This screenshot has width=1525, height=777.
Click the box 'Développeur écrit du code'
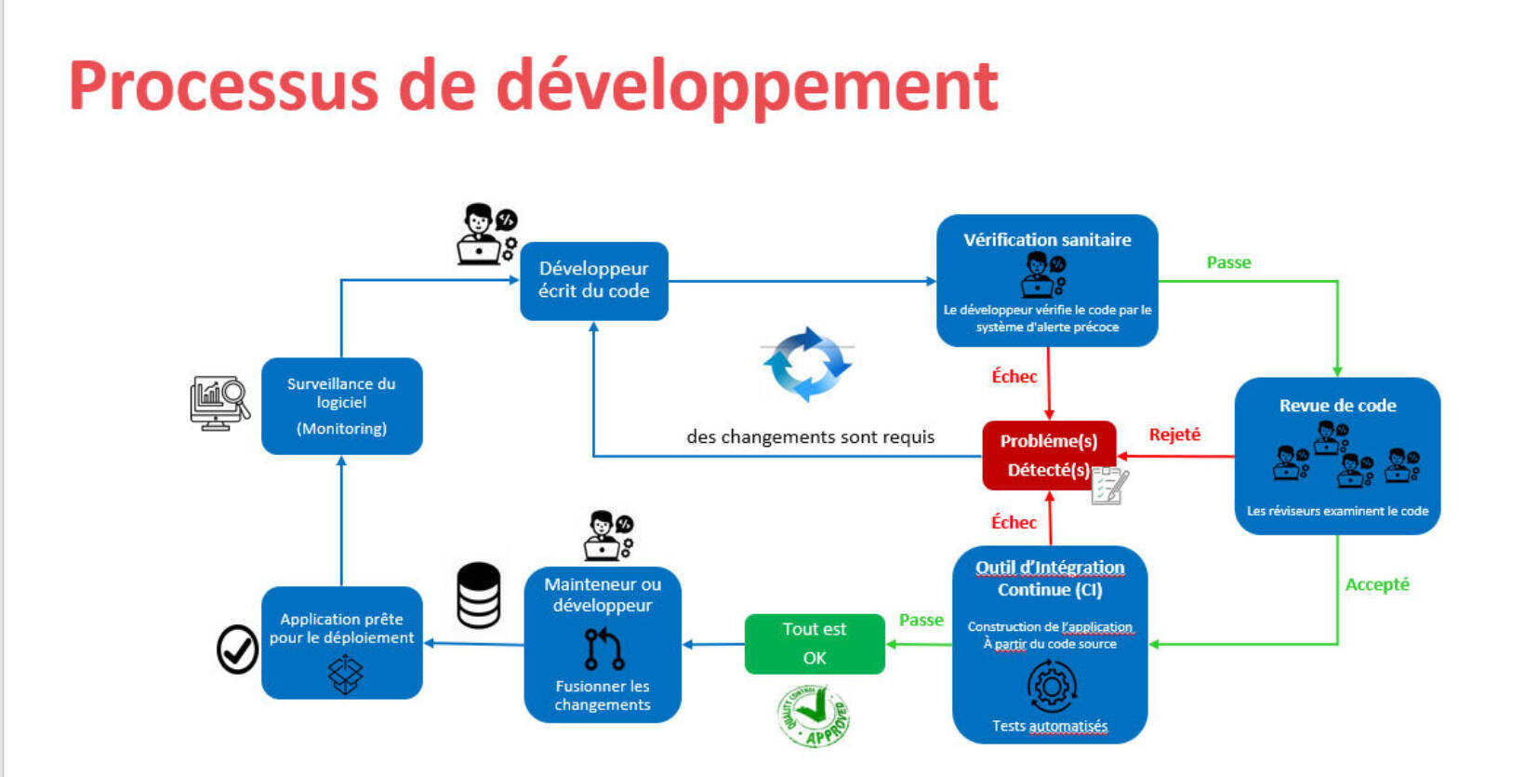[593, 280]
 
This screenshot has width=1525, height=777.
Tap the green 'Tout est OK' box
[814, 643]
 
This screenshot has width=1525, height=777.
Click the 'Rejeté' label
[1174, 435]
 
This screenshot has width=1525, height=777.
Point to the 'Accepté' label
[1376, 584]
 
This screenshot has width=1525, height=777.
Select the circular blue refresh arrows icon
[806, 364]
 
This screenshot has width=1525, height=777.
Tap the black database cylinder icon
[479, 595]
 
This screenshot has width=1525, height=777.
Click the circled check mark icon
[237, 649]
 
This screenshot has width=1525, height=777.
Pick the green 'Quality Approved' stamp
[814, 716]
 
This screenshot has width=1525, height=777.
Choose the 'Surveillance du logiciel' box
[341, 406]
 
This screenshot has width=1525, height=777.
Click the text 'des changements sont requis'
[810, 436]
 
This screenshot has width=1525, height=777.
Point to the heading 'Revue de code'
[1337, 406]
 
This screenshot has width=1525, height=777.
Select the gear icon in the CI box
[1051, 687]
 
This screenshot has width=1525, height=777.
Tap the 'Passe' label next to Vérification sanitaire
[1227, 262]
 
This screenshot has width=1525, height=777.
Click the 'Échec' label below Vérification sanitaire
[1014, 377]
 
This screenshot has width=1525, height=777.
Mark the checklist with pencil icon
[1109, 485]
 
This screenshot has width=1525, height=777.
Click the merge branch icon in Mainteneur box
[603, 649]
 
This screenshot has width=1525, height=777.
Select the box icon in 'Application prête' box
[345, 674]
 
